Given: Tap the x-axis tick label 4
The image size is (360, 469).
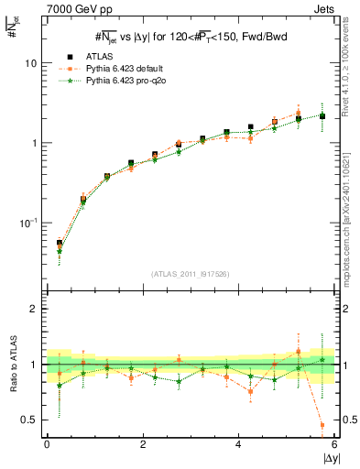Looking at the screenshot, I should click(238, 444).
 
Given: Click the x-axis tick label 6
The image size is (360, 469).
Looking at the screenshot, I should click(334, 444).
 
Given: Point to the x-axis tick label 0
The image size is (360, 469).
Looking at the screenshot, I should click(47, 444).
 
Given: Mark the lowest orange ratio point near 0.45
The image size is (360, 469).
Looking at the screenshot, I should click(322, 425).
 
